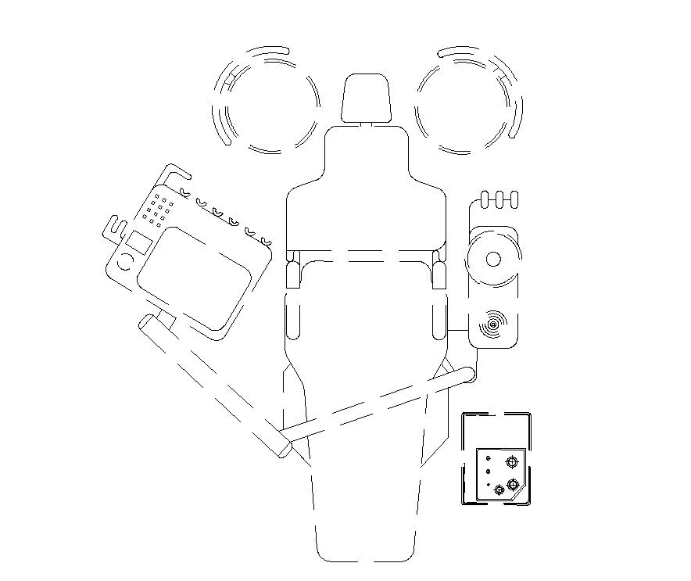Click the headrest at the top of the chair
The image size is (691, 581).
(x=367, y=99)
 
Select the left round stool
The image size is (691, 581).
(x=267, y=99)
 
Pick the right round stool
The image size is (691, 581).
(x=468, y=99)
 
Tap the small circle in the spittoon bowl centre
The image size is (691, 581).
(x=493, y=259)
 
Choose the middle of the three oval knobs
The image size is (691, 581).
(x=498, y=199)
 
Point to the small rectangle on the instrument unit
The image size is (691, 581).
(x=139, y=242)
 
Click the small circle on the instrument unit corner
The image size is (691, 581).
(x=124, y=262)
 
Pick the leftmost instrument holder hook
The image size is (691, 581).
(x=184, y=191)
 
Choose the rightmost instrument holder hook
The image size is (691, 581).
(x=267, y=240)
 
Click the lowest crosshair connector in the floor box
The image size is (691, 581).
(x=499, y=490)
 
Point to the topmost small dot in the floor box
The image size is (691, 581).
(x=489, y=457)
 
